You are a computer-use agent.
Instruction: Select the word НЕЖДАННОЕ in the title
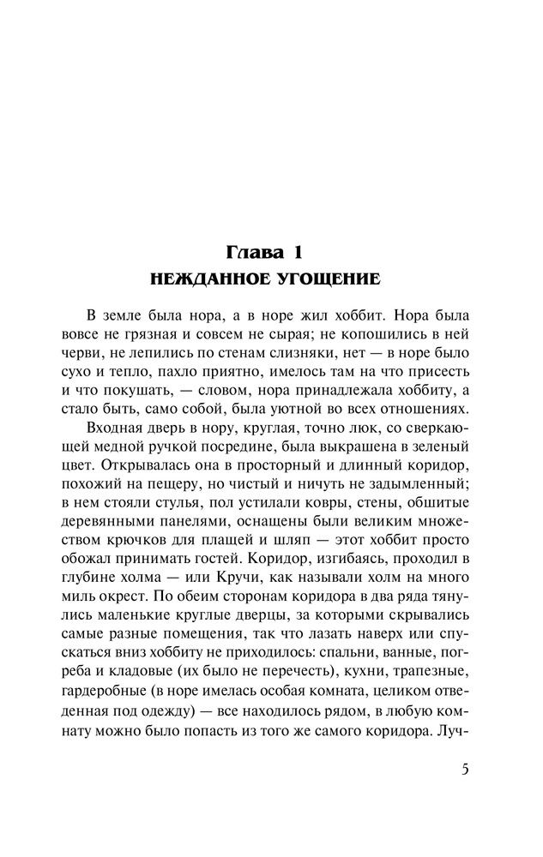200,279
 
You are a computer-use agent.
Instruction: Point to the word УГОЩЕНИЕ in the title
319,279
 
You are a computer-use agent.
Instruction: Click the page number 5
464,768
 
